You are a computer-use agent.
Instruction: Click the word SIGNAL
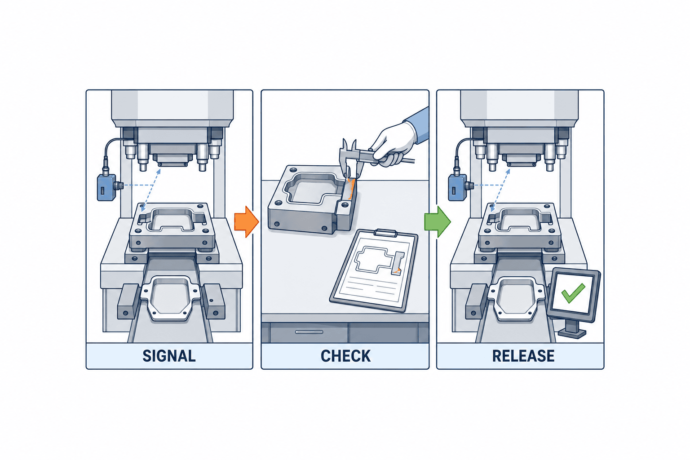click(169, 356)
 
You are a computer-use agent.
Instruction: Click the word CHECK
click(345, 356)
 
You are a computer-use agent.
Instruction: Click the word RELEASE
click(523, 356)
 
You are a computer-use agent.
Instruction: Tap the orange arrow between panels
click(246, 221)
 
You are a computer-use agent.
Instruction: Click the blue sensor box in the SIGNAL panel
click(106, 187)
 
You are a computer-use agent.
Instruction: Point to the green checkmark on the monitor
click(573, 292)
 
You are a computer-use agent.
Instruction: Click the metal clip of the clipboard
click(385, 233)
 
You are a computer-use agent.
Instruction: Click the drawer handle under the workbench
click(309, 332)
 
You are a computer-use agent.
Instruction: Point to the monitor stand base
click(572, 333)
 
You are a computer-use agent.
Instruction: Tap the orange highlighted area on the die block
click(350, 189)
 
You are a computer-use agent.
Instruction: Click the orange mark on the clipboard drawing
click(398, 271)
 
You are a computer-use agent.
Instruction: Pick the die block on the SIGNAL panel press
click(172, 226)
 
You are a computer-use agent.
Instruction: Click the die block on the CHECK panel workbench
click(311, 200)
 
